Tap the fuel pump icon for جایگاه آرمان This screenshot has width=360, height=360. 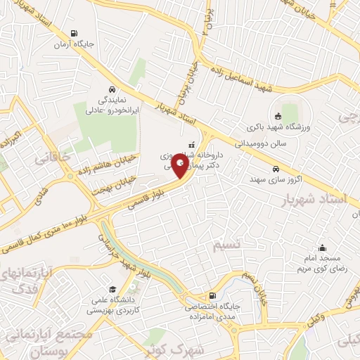(x=75, y=33)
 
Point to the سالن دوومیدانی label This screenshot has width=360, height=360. (x=274, y=141)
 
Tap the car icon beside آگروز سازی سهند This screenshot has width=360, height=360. (x=275, y=169)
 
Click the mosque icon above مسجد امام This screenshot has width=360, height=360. (x=322, y=247)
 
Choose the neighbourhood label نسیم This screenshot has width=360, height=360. (x=227, y=245)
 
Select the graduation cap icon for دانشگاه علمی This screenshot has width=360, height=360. (x=112, y=289)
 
